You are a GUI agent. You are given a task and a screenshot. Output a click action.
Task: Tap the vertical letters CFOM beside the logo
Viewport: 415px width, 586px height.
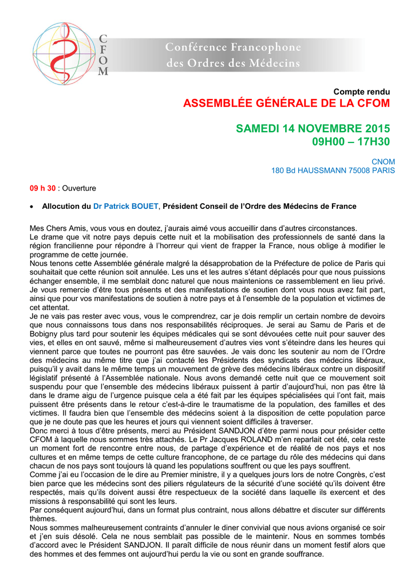click(103, 55)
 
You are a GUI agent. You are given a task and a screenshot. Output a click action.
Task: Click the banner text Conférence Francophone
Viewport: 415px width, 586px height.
click(233, 46)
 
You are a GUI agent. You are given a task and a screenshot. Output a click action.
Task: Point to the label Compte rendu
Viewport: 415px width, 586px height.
click(361, 92)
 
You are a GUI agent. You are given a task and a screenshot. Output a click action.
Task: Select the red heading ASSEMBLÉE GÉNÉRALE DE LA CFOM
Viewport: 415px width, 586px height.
click(286, 104)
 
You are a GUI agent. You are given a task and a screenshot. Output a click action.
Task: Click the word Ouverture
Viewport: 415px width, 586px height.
click(79, 188)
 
